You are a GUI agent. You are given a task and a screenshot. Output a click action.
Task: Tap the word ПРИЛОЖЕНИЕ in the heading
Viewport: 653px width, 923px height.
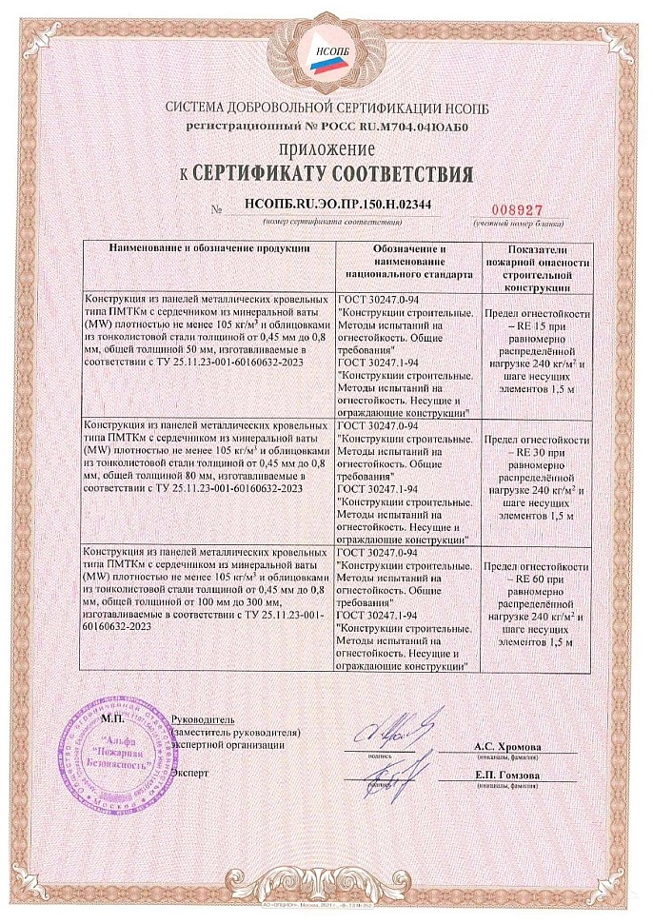[x=326, y=149]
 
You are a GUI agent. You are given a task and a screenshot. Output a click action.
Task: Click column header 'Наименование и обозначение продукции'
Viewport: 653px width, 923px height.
[x=208, y=247]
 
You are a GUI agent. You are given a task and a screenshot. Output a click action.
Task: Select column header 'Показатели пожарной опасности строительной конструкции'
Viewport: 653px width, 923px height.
[x=537, y=266]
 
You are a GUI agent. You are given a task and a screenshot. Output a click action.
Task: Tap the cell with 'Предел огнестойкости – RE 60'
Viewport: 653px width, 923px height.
[x=537, y=607]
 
